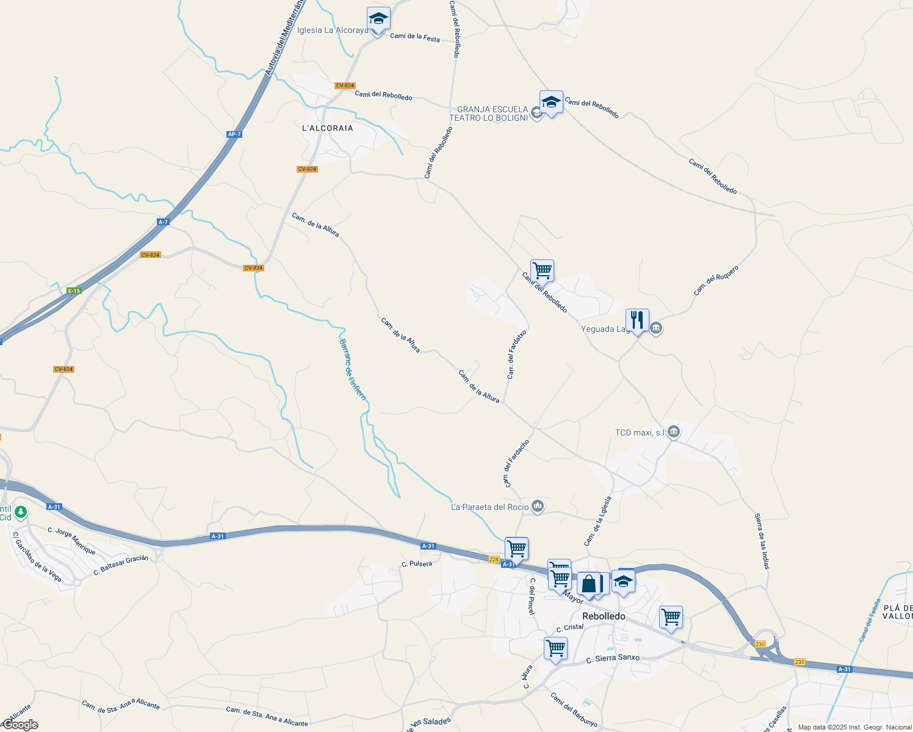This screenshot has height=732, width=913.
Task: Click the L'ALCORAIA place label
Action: coord(328,128)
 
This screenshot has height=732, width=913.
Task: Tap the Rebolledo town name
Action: coord(604,616)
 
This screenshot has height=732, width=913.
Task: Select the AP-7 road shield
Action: coord(234,134)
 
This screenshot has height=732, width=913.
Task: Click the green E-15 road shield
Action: coord(74,291)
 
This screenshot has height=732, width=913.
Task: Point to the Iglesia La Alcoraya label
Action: coord(333,30)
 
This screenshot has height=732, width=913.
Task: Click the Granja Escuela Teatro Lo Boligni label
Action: coord(489,113)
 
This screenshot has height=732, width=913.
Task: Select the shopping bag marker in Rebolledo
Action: coord(589,584)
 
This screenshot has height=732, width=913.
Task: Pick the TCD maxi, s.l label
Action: coord(639,432)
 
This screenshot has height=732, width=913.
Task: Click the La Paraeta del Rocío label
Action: coord(490,507)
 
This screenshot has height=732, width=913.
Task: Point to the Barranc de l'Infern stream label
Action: coord(353,369)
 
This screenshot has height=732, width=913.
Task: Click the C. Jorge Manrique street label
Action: coord(71,540)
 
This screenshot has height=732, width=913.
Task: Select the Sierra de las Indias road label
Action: coord(762,541)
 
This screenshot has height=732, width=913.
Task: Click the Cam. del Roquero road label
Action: coord(716,281)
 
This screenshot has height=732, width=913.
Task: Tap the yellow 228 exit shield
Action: coord(494,559)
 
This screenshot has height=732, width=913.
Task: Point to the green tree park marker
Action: coord(21,512)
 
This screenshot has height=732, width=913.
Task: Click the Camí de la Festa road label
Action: coord(414,37)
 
